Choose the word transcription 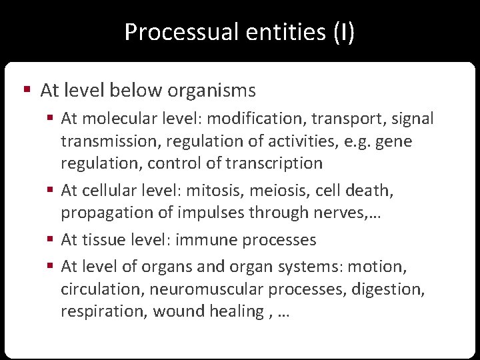click(274, 163)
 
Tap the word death click(371, 191)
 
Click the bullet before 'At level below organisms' click(27, 89)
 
